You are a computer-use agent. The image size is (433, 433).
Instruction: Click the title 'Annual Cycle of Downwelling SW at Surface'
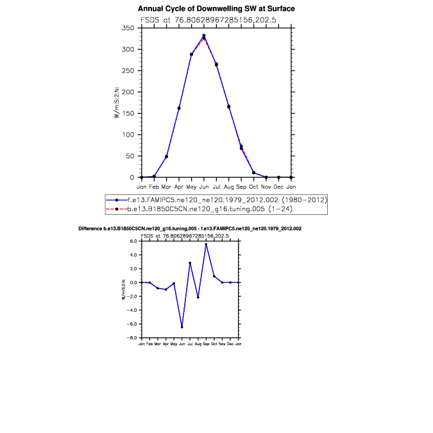coord(216,9)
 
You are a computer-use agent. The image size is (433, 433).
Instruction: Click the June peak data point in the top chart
coord(204,36)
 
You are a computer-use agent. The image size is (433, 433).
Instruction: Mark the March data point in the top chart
coord(166,157)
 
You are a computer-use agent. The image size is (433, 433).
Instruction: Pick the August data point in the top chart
coord(228,106)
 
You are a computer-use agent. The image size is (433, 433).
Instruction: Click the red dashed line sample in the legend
coord(117,209)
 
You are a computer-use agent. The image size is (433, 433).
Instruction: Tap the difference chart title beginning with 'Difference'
coord(190,228)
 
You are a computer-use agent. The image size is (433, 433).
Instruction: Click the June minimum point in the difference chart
coord(182,327)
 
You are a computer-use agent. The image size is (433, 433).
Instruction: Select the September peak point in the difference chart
coord(206,244)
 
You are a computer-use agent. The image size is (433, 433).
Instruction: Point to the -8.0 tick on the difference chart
coord(134,337)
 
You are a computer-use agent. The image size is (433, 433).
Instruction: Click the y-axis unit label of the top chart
coord(117,103)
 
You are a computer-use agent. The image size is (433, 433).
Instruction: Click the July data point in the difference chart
coord(190,263)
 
